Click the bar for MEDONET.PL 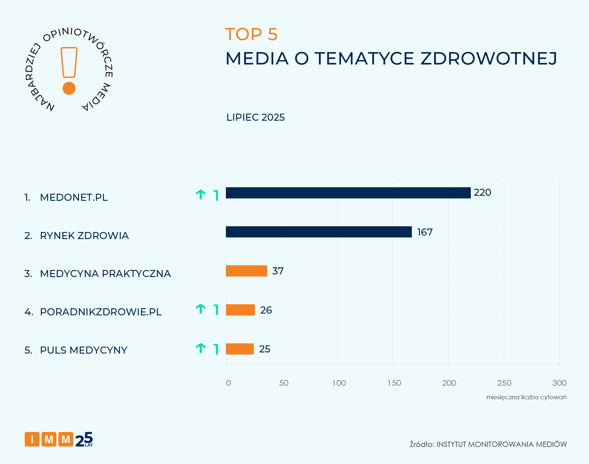click(x=348, y=193)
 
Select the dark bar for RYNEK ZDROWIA click(x=319, y=232)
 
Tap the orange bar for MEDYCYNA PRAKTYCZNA click(x=246, y=271)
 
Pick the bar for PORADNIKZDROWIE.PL click(x=240, y=310)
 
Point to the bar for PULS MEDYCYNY click(x=240, y=349)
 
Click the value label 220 click(x=482, y=193)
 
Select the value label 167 click(x=425, y=232)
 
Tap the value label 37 click(x=278, y=271)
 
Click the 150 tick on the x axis click(x=394, y=383)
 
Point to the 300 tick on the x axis click(x=559, y=383)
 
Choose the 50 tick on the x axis click(x=284, y=383)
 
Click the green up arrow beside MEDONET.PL click(x=201, y=195)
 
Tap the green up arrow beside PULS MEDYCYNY click(x=201, y=348)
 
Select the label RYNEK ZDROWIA click(x=84, y=236)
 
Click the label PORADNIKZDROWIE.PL click(x=101, y=312)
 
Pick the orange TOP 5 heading click(x=251, y=34)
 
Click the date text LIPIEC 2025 click(x=255, y=117)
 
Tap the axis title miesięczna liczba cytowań click(x=526, y=397)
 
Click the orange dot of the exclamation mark click(x=69, y=88)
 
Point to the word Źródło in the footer click(x=422, y=444)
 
